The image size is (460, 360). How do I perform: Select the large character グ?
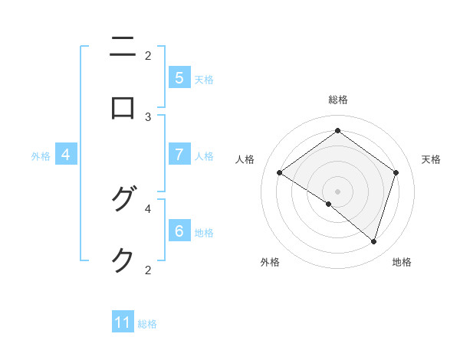[x=123, y=200]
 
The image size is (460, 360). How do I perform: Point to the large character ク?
[x=123, y=260]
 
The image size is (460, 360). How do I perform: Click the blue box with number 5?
[x=179, y=77]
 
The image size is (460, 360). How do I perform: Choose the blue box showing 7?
[x=179, y=154]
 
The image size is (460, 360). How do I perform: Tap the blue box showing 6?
[x=179, y=231]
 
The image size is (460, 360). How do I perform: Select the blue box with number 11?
[x=123, y=322]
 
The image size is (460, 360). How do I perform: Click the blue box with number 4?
[x=66, y=154]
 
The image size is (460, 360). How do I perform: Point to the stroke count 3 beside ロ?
[x=148, y=116]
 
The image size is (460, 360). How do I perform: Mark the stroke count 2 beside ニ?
[x=148, y=55]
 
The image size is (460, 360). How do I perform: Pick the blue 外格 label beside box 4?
[x=41, y=155]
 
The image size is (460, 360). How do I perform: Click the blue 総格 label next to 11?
[x=147, y=324]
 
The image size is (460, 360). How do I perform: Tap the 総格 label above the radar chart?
[x=337, y=100]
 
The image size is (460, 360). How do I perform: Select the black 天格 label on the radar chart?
[x=431, y=159]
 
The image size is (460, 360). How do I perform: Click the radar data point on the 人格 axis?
[x=279, y=172]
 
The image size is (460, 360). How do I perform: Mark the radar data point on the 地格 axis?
[x=373, y=241]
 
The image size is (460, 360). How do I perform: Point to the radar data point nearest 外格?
[x=329, y=204]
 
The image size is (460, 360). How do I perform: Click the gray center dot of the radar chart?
[x=337, y=191]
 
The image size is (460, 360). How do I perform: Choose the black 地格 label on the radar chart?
[x=402, y=262]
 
